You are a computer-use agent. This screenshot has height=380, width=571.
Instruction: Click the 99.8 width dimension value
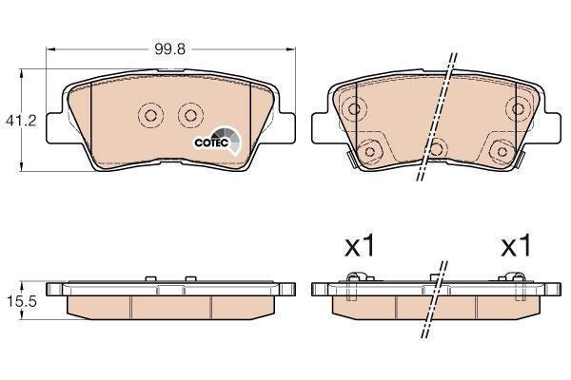click(x=169, y=49)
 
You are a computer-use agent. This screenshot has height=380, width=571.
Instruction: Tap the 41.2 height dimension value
click(x=21, y=121)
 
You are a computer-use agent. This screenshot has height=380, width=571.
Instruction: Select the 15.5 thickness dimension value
click(x=22, y=301)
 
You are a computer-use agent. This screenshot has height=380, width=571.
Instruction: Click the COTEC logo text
click(x=211, y=142)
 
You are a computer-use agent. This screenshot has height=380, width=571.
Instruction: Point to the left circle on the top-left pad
click(x=150, y=116)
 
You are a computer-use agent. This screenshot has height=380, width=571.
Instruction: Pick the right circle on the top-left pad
click(x=190, y=116)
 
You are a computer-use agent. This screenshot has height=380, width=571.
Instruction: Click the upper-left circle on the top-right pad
click(x=354, y=108)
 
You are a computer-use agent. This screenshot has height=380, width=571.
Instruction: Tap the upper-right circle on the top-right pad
click(x=517, y=108)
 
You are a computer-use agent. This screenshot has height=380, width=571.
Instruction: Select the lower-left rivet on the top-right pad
click(x=369, y=151)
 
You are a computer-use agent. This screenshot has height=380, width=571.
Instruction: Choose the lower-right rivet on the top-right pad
click(x=502, y=151)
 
